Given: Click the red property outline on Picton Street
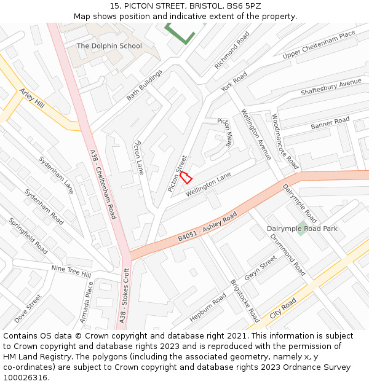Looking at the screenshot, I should coord(186,177).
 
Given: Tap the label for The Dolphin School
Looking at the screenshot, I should coord(109,46).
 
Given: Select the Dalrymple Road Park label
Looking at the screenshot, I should coord(302,229).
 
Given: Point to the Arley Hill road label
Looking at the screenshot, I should coord(32,98).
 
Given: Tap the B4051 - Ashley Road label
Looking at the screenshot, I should coord(207,227).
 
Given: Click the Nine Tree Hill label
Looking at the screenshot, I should coord(71,271).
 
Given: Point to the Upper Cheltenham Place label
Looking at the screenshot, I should coord(319,45).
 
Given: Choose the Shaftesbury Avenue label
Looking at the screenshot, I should coord(331,87).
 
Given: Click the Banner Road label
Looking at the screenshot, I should coord(330,123).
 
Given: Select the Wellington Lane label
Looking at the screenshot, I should coord(208,184).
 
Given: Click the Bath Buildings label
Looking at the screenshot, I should coord(145,85).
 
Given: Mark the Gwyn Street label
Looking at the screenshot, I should coord(260,268).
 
